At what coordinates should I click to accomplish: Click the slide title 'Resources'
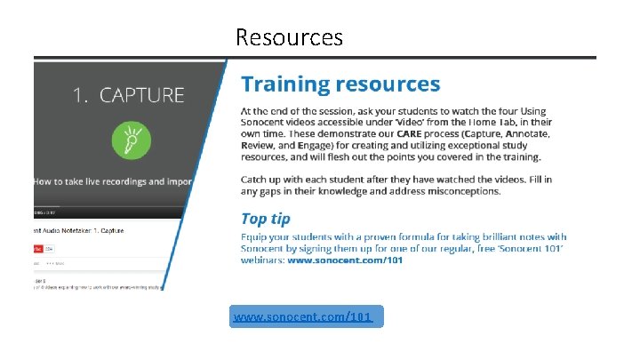(289, 37)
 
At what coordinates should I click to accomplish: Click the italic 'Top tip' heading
(266, 219)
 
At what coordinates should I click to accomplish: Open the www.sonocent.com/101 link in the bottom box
(302, 316)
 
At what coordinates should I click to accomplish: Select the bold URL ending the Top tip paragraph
(346, 260)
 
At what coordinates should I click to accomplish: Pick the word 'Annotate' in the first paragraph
(521, 133)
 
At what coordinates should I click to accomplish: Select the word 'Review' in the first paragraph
(260, 145)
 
